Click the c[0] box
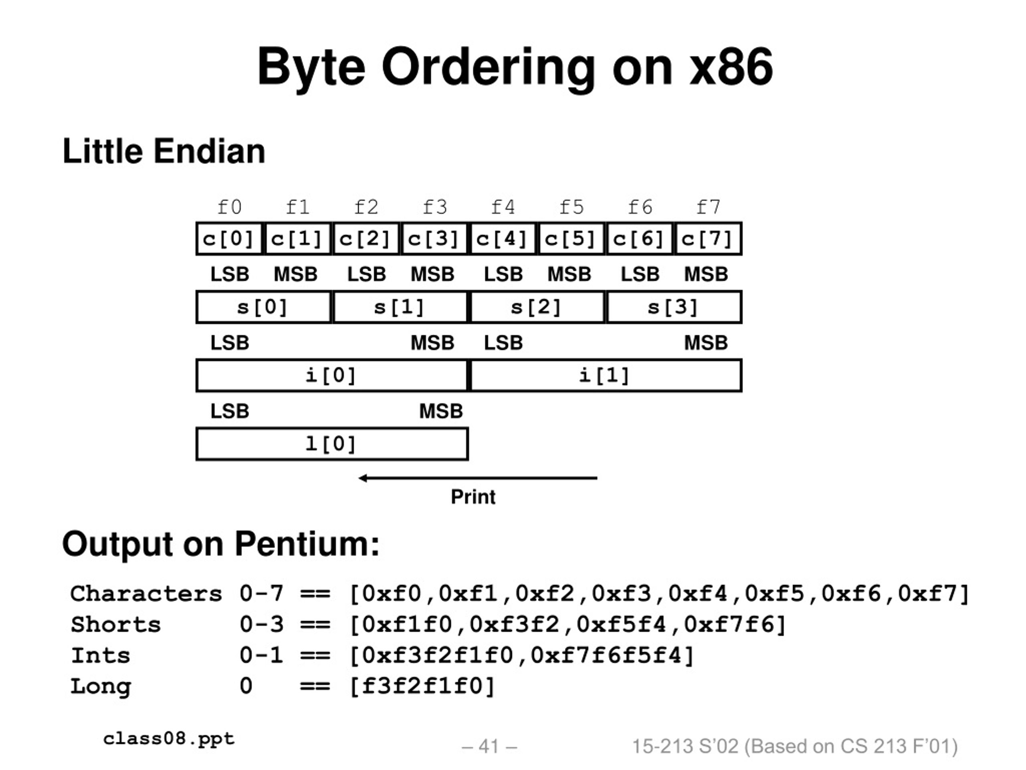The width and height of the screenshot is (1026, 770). [x=229, y=239]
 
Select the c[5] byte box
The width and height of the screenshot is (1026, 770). [x=571, y=239]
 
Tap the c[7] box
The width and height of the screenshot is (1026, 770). [x=708, y=239]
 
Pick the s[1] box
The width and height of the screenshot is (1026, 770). [x=400, y=307]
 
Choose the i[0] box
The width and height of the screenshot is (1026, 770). [x=331, y=375]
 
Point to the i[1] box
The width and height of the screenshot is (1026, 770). [x=606, y=375]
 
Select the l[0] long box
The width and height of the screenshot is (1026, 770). [x=331, y=444]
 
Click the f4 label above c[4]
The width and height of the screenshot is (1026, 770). [x=503, y=207]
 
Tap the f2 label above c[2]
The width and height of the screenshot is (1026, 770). [x=366, y=207]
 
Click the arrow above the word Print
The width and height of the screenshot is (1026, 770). [x=478, y=478]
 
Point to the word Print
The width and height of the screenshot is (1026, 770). [x=473, y=496]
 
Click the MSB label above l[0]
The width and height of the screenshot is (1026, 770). [x=440, y=411]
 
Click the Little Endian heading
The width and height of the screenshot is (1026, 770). [x=164, y=151]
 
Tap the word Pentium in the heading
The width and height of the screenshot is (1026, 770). [x=307, y=543]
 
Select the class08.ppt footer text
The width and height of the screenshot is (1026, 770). [x=169, y=738]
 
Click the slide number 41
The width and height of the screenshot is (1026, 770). [x=489, y=747]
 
